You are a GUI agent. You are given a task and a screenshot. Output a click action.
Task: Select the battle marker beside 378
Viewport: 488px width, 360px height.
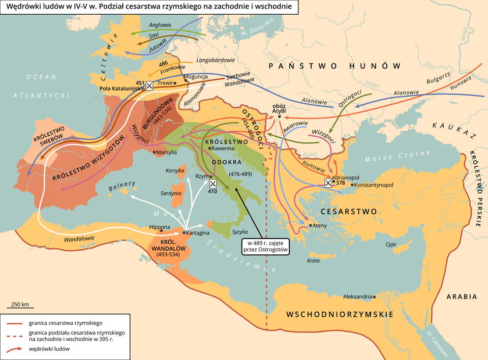pos(328,183)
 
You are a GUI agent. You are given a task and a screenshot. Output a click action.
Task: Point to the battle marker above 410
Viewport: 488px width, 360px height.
pos(213,183)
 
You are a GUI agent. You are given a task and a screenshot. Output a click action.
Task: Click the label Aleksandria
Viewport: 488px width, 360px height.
pos(357,296)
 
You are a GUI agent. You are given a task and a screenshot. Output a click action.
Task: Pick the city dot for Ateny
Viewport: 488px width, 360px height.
pos(310,225)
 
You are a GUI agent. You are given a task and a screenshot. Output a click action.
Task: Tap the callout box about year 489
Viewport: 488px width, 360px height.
pos(265,246)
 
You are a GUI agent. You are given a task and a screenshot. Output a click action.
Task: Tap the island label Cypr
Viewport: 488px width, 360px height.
pos(391,244)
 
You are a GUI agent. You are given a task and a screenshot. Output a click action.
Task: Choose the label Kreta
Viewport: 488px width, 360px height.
pos(314,261)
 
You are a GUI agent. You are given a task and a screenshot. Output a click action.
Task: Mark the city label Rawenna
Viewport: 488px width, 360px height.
pos(223,148)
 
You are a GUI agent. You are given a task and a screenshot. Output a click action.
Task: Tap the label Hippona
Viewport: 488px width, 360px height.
pos(160,227)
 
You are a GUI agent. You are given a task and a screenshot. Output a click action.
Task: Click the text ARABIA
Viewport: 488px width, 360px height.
pos(462,296)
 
